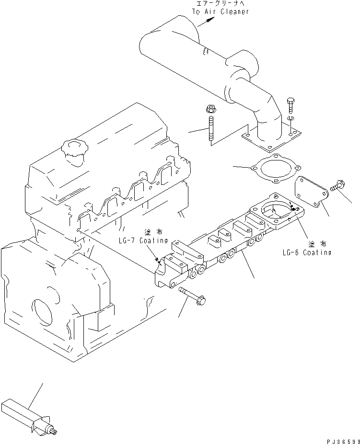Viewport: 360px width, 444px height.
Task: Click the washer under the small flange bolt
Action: [x=291, y=118]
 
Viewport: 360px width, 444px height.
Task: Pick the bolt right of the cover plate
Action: [x=337, y=185]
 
